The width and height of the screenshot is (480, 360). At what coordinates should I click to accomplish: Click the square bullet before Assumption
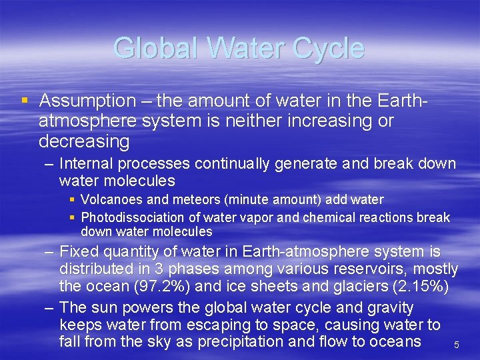point(25,101)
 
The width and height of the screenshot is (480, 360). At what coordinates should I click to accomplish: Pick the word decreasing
point(84,142)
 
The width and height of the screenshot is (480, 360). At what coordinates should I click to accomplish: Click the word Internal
point(86,163)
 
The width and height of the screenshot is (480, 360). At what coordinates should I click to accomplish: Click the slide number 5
point(457,345)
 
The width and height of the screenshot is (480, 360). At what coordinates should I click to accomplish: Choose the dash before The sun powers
point(49,307)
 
